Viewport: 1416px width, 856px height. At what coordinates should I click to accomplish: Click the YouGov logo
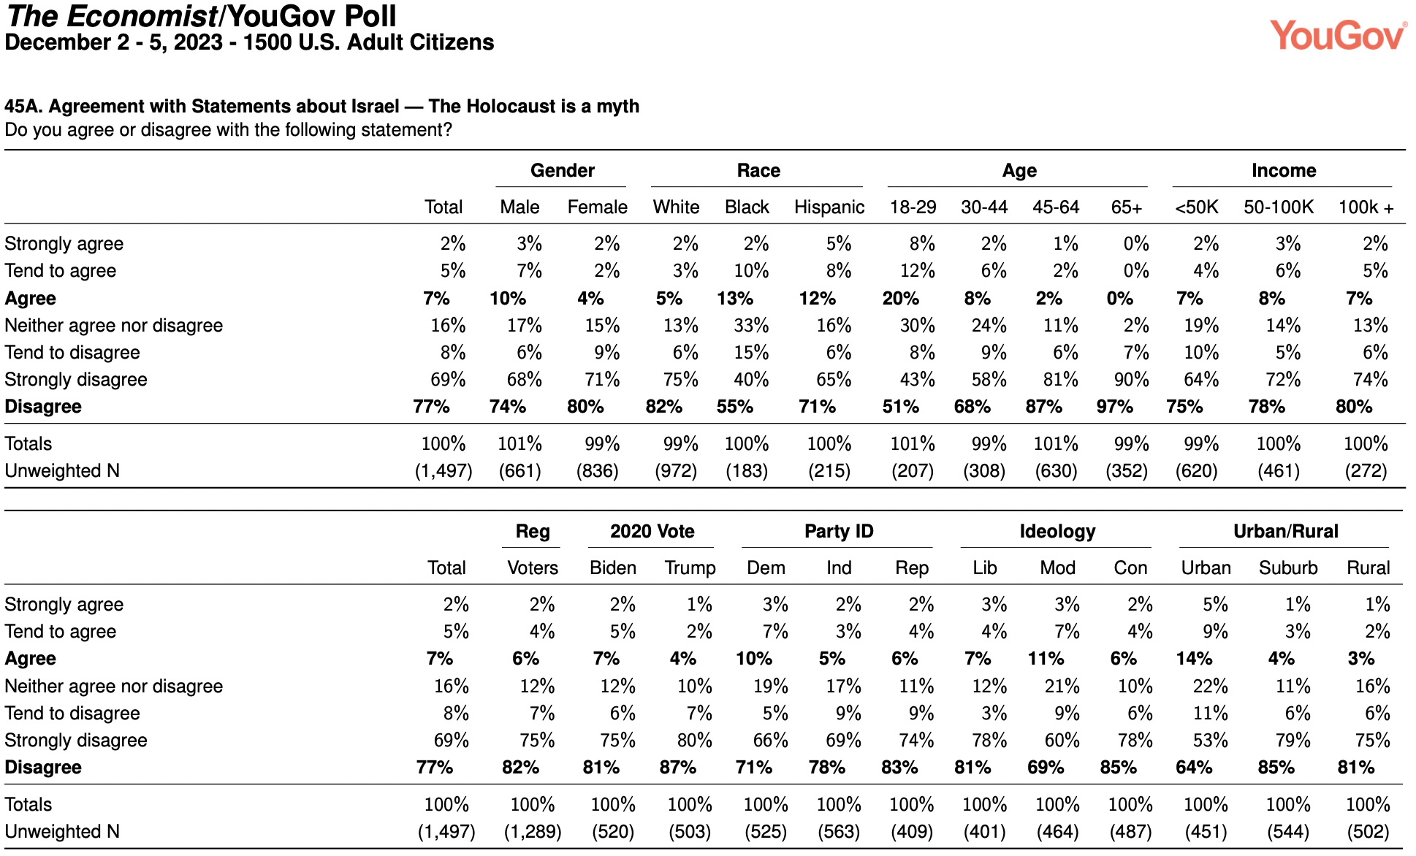pos(1338,35)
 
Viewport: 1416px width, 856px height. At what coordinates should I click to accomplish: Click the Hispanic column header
pos(829,207)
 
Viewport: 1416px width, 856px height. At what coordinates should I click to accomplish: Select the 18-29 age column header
pos(913,207)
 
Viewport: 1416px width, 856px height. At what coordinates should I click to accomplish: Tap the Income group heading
pos(1284,171)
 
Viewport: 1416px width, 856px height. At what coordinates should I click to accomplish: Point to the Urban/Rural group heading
pos(1286,532)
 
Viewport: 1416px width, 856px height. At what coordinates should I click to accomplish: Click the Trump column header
pos(690,568)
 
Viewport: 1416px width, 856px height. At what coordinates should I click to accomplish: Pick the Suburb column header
pos(1288,568)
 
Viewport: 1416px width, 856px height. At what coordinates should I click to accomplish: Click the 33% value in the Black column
pos(751,326)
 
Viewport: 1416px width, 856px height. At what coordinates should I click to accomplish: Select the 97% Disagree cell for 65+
pos(1115,407)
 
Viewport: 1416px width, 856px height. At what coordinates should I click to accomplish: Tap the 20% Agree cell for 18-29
pos(901,299)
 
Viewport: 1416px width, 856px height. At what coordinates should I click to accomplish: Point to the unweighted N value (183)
pos(747,471)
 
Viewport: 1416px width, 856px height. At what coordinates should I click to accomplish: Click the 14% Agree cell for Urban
pos(1195,659)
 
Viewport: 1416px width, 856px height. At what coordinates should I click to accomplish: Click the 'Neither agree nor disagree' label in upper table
pos(114,326)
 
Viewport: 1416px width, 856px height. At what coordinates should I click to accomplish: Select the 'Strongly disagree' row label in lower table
pos(76,741)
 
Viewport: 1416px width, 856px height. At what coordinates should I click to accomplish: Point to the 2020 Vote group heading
pos(652,532)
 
